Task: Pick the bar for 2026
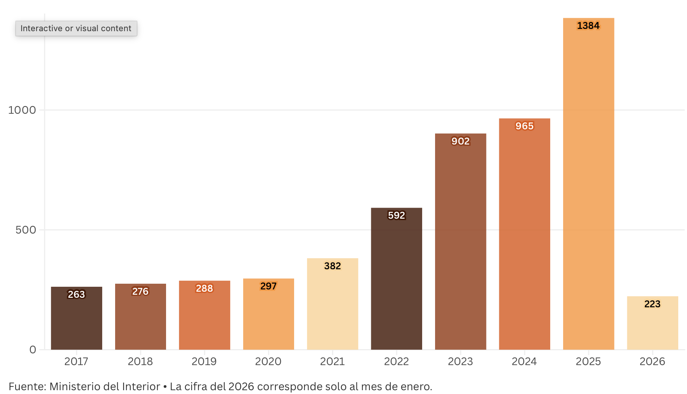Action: [652, 327]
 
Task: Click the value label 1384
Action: [588, 26]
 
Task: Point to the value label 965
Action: [524, 126]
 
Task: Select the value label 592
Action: [396, 216]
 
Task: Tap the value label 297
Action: [268, 286]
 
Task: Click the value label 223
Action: [652, 304]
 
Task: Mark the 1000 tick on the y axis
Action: [22, 110]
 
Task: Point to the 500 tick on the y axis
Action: [26, 230]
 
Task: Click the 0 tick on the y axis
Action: [33, 350]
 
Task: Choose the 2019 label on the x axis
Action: [204, 362]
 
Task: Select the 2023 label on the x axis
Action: [460, 362]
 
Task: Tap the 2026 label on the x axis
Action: [652, 362]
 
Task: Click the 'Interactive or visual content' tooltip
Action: [76, 29]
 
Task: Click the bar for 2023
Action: [461, 243]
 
